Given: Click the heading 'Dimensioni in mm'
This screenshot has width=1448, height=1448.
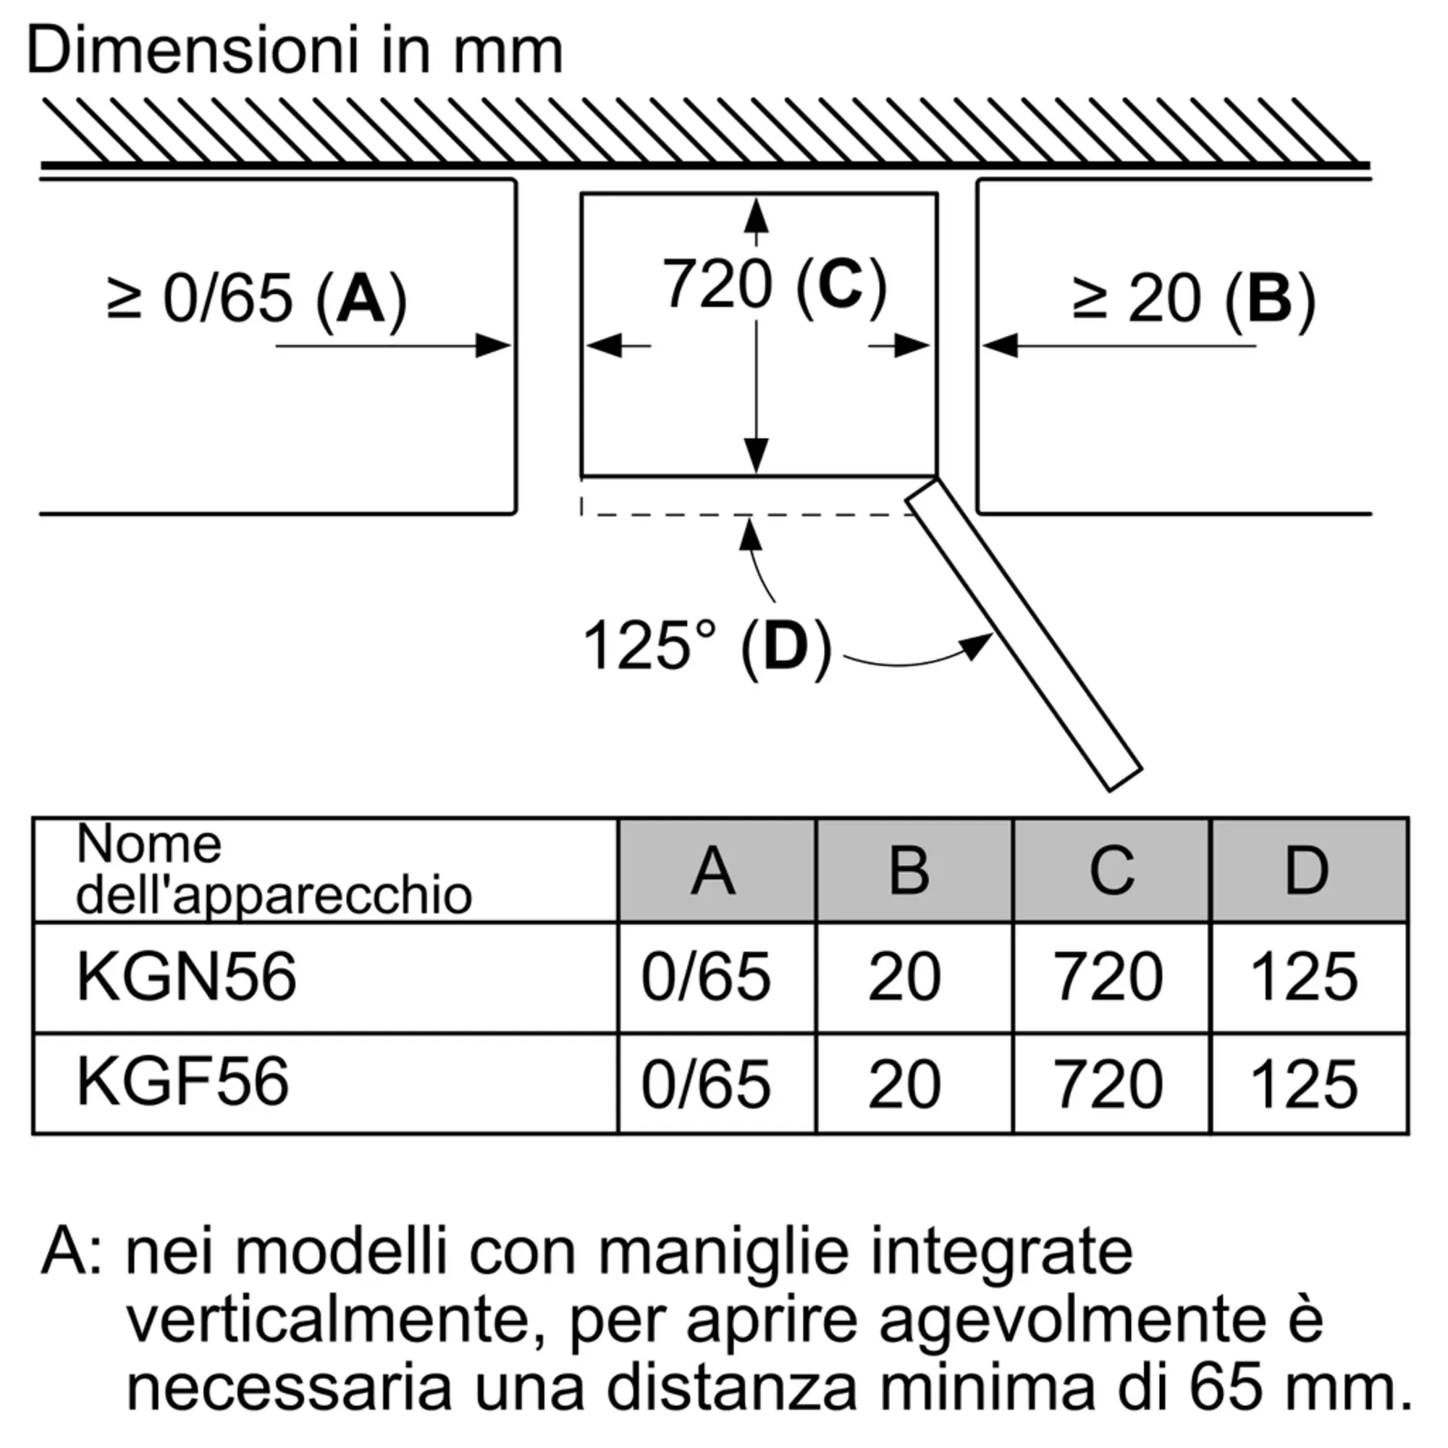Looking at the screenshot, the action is [294, 51].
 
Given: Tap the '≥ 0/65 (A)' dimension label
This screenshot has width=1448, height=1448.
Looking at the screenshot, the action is [257, 300].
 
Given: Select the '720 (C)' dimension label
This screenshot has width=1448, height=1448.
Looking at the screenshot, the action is [773, 285].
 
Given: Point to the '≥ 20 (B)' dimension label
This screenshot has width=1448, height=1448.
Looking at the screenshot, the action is [1193, 300].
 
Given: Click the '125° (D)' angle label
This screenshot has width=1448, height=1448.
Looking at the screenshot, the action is [706, 646].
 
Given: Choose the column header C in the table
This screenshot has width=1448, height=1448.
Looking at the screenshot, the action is [1111, 871].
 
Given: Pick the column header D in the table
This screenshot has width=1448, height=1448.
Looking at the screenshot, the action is [1307, 871].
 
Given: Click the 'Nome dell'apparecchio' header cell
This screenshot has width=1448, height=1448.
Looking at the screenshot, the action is [274, 870].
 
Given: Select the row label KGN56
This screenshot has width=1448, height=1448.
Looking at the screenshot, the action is [187, 977].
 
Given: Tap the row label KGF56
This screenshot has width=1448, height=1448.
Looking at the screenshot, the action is [183, 1082].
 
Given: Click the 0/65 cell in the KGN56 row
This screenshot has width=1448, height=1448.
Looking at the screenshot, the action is [706, 977].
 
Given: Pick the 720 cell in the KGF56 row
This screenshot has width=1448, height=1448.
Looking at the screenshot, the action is [1108, 1085].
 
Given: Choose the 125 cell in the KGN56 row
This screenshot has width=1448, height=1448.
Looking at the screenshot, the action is [1304, 977].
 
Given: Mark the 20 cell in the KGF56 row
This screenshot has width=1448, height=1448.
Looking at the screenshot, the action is [904, 1085].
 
